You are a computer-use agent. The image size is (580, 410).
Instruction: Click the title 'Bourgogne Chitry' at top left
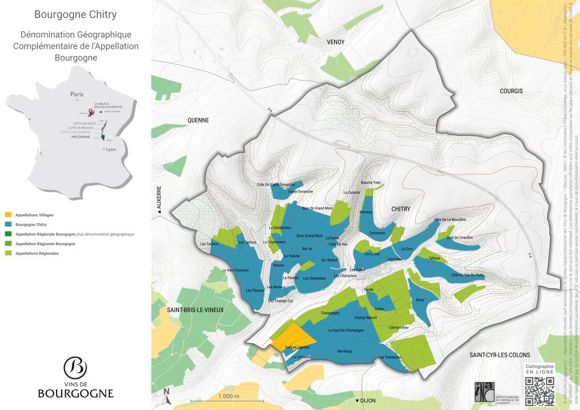tap(76, 14)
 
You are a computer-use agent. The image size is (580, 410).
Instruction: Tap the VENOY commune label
tap(336, 42)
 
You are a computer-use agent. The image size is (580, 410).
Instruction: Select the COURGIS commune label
tap(511, 91)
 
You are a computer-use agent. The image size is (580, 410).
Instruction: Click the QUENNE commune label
tap(198, 120)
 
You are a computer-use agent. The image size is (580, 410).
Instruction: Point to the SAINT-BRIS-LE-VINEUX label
tap(195, 310)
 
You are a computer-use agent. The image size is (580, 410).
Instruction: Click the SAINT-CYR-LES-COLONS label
tap(499, 355)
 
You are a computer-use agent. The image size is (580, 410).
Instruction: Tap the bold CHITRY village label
tap(400, 209)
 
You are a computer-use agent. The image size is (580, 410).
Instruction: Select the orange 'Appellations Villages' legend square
tap(8, 215)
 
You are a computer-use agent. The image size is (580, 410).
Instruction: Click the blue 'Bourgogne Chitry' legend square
tap(8, 225)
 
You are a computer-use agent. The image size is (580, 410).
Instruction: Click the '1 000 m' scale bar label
tap(229, 396)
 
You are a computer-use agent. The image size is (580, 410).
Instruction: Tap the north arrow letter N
tap(167, 391)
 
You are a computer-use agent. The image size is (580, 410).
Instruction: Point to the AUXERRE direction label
tap(159, 198)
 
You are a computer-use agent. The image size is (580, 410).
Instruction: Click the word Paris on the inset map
tap(76, 95)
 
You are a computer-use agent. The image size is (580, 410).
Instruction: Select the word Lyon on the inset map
tap(110, 150)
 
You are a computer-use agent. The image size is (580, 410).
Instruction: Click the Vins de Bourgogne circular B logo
tap(75, 368)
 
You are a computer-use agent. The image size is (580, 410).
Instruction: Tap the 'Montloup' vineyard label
tap(344, 352)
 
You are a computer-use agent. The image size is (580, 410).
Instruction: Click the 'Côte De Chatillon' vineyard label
tap(459, 237)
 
